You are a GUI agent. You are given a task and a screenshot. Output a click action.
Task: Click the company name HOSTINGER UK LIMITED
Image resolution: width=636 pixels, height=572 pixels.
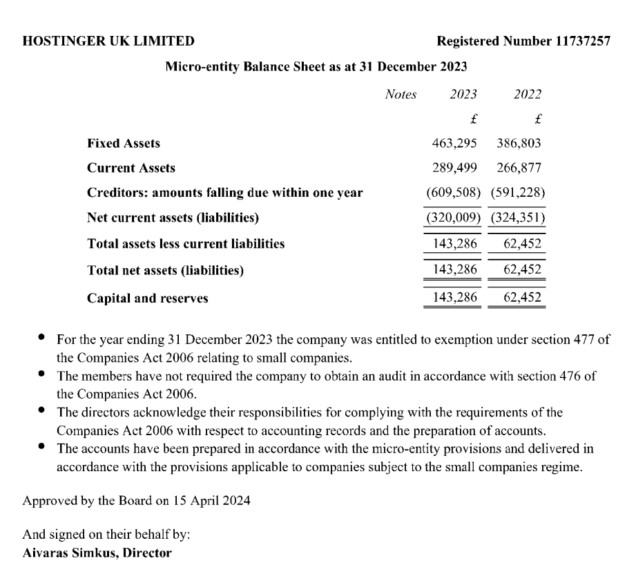point(108,41)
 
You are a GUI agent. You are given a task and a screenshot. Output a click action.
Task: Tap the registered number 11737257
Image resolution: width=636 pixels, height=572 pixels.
point(582,41)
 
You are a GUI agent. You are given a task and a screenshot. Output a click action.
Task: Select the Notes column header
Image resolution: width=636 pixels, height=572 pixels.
point(401,95)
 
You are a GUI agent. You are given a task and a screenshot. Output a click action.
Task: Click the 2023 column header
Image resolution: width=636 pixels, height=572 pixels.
point(463,95)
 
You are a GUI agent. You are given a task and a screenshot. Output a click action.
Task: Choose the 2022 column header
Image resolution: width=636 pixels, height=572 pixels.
point(528,95)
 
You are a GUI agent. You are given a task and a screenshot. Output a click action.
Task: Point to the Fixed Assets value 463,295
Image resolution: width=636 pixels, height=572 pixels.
point(456,144)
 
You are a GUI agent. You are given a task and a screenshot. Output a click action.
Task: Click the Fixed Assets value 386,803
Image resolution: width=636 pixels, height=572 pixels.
point(520,144)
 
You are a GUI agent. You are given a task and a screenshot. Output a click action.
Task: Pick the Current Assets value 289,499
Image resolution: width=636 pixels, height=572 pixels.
point(456,168)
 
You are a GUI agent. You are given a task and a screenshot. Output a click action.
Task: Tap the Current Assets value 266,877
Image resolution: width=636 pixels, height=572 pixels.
point(520,168)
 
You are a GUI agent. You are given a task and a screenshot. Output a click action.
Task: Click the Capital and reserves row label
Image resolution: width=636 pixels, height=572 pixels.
point(148,299)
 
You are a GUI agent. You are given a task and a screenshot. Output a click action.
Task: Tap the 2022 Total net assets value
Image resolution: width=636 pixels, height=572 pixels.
point(523,270)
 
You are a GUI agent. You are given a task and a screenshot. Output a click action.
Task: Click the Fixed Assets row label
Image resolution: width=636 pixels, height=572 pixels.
point(124,144)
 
